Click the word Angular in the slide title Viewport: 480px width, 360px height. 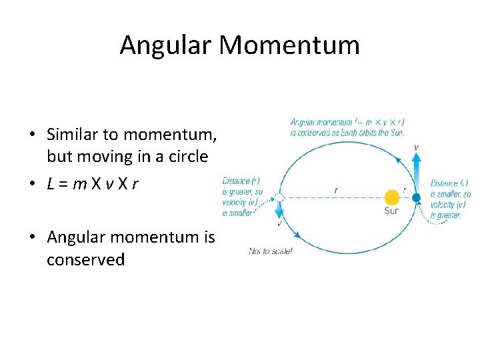pyautogui.click(x=166, y=45)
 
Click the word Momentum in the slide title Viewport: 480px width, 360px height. pyautogui.click(x=289, y=45)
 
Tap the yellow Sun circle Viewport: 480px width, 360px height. pyautogui.click(x=392, y=197)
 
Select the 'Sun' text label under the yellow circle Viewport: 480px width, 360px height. pyautogui.click(x=391, y=211)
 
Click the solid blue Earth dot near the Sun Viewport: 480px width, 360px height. pyautogui.click(x=416, y=197)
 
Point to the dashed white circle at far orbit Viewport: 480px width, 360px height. pyautogui.click(x=279, y=197)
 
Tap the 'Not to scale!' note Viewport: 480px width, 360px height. pyautogui.click(x=271, y=251)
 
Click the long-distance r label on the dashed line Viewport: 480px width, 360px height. pyautogui.click(x=335, y=191)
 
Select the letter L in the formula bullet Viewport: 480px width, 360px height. pyautogui.click(x=51, y=183)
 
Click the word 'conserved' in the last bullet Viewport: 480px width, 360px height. pyautogui.click(x=85, y=259)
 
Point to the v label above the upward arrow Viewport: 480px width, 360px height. pyautogui.click(x=416, y=147)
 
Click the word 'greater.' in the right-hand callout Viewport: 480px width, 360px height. pyautogui.click(x=445, y=215)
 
